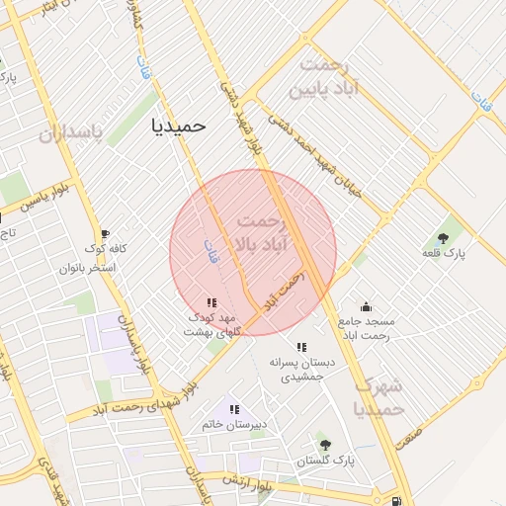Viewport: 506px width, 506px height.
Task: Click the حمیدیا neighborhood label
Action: [178, 126]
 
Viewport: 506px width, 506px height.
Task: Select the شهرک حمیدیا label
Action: [379, 395]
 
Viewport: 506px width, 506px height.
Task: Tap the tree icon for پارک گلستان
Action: [323, 444]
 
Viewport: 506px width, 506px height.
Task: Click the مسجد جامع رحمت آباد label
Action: [366, 329]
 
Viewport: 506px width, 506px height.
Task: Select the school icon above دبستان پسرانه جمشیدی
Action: [301, 347]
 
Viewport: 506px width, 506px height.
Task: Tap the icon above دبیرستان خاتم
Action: [234, 408]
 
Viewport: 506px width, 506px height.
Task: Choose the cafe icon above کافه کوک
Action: [105, 233]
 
